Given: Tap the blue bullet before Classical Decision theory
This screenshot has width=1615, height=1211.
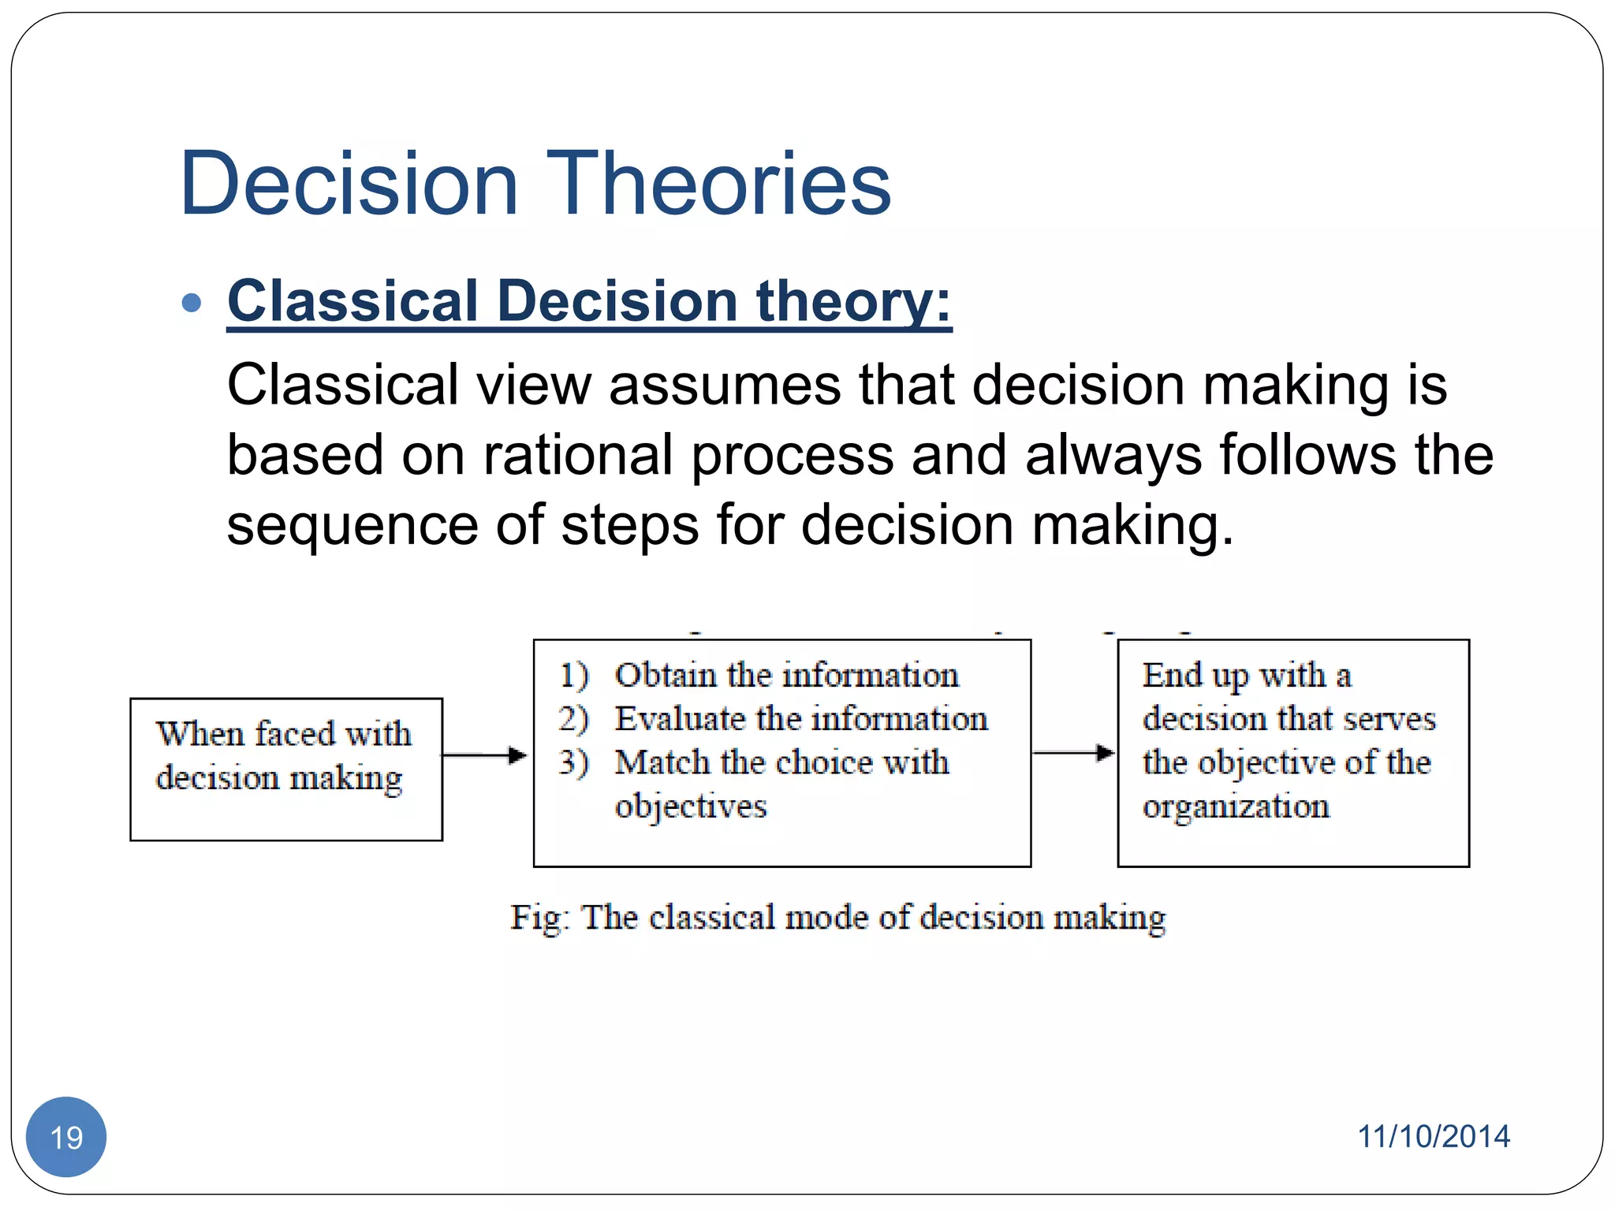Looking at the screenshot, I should [192, 303].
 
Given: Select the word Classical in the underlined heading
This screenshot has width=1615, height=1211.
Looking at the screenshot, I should [352, 301].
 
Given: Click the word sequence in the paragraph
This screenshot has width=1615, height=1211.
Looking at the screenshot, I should [352, 525].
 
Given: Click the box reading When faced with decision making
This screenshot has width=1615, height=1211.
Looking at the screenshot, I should [285, 769].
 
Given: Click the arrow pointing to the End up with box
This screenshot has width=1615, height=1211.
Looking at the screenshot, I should [1073, 753].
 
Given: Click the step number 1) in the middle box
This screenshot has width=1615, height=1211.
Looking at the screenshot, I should [573, 676].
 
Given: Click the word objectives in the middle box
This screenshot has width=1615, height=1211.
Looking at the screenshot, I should [690, 806].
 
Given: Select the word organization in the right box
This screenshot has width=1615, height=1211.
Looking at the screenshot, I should [1236, 806].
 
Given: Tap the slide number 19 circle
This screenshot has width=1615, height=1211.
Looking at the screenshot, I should [66, 1137].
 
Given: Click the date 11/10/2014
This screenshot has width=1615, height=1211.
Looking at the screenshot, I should [1433, 1136].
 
